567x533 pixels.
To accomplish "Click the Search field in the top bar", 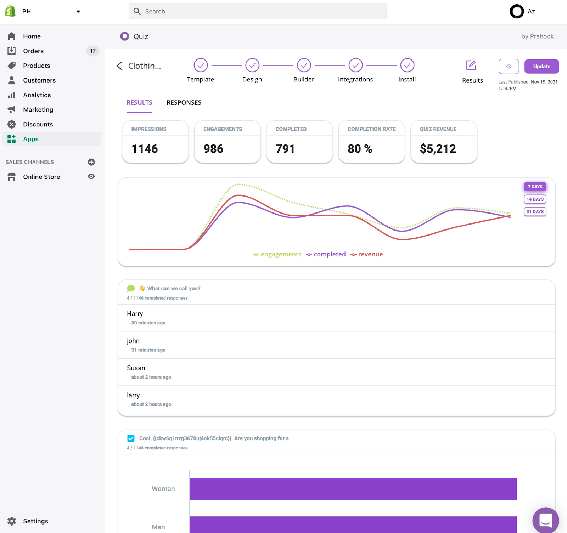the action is tap(258, 11).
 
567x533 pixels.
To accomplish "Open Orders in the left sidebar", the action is tap(33, 51).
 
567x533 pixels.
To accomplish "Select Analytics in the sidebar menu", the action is tap(37, 95).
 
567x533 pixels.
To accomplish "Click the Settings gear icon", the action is tap(12, 521).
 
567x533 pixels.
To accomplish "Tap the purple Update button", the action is tap(541, 67).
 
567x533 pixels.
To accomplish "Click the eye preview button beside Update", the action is tap(509, 67).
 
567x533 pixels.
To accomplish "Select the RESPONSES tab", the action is tap(184, 103).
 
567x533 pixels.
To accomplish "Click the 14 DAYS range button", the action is tap(535, 199).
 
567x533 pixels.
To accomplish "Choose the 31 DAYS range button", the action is tap(535, 212).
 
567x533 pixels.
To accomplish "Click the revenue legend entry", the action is tap(367, 254).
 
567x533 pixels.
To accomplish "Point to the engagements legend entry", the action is tap(277, 254).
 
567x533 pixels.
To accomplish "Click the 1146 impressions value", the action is tap(145, 149).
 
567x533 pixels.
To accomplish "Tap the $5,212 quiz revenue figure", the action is tap(438, 149).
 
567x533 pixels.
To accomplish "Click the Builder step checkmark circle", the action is tap(304, 65).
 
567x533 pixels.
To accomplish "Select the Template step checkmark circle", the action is tap(201, 65).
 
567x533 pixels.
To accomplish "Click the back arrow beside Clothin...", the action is tap(119, 66).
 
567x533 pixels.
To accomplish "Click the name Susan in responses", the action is tap(136, 368).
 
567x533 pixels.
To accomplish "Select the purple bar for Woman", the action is tap(353, 489).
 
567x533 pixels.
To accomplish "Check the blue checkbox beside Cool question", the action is tap(131, 438).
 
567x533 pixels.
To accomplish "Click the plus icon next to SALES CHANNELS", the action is tap(91, 162).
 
